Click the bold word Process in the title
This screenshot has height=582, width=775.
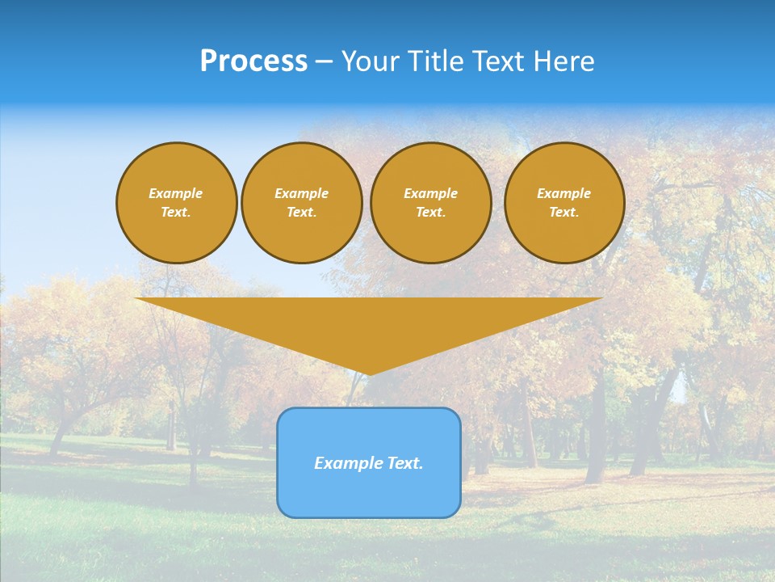point(253,61)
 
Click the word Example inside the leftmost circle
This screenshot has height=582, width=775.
point(176,193)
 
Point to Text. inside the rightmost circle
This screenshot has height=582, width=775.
point(564,213)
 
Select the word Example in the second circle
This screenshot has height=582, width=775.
point(301,193)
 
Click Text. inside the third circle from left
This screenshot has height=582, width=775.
point(430,213)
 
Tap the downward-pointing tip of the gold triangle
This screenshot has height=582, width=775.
point(369,373)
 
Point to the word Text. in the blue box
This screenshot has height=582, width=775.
point(404,463)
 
